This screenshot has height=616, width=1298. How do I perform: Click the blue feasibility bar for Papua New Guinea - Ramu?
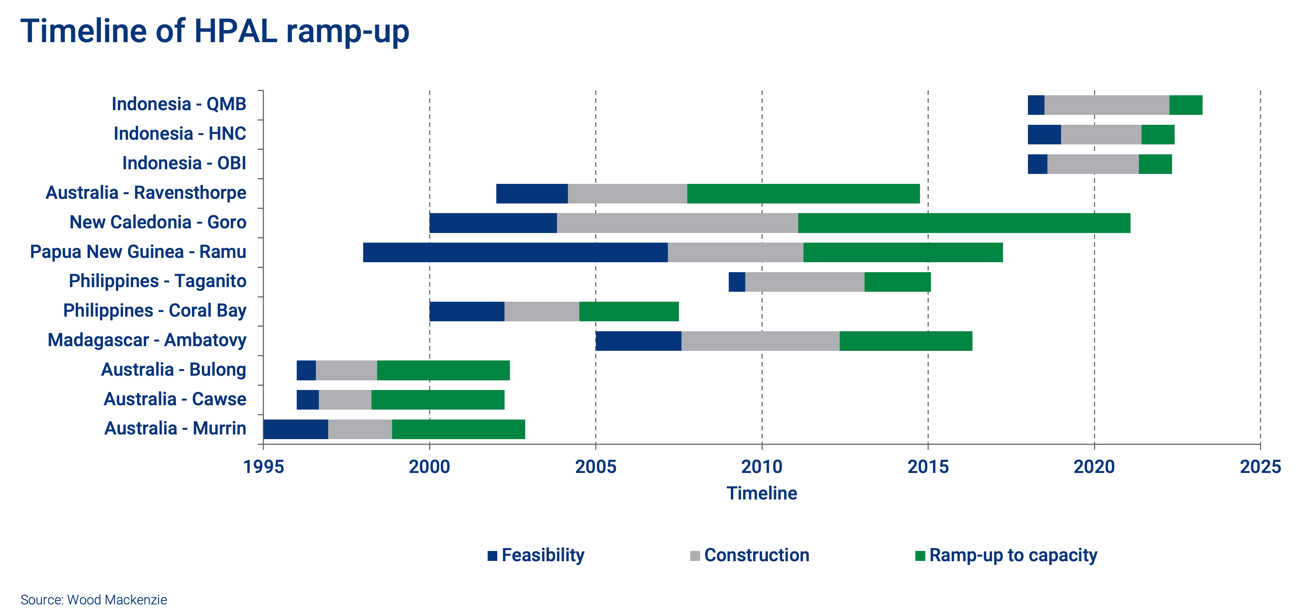(515, 252)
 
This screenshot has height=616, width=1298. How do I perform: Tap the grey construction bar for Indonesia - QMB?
(1106, 105)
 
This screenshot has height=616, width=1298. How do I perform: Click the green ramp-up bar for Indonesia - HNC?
(1158, 134)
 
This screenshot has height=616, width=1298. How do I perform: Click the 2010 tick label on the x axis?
(761, 467)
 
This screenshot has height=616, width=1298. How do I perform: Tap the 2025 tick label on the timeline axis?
(1260, 467)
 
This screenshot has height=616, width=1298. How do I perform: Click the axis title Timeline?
(761, 493)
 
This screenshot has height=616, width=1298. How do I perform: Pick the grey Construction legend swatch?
(695, 556)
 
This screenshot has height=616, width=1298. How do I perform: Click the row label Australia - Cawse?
(175, 399)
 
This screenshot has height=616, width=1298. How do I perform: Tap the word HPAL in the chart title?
(235, 31)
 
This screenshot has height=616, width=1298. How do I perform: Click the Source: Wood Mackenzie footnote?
(94, 600)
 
